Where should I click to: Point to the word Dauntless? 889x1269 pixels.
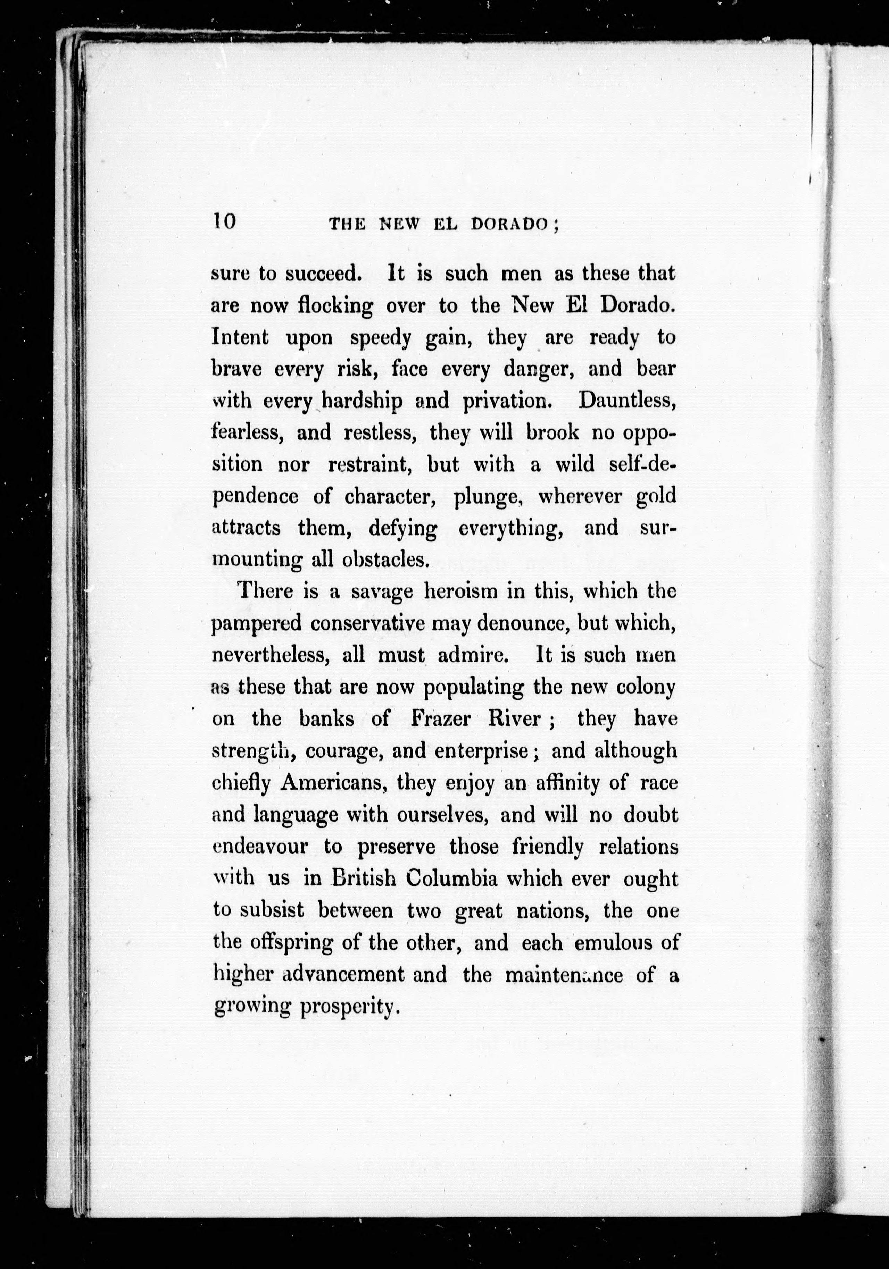(x=627, y=401)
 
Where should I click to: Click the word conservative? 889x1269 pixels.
(x=367, y=623)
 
